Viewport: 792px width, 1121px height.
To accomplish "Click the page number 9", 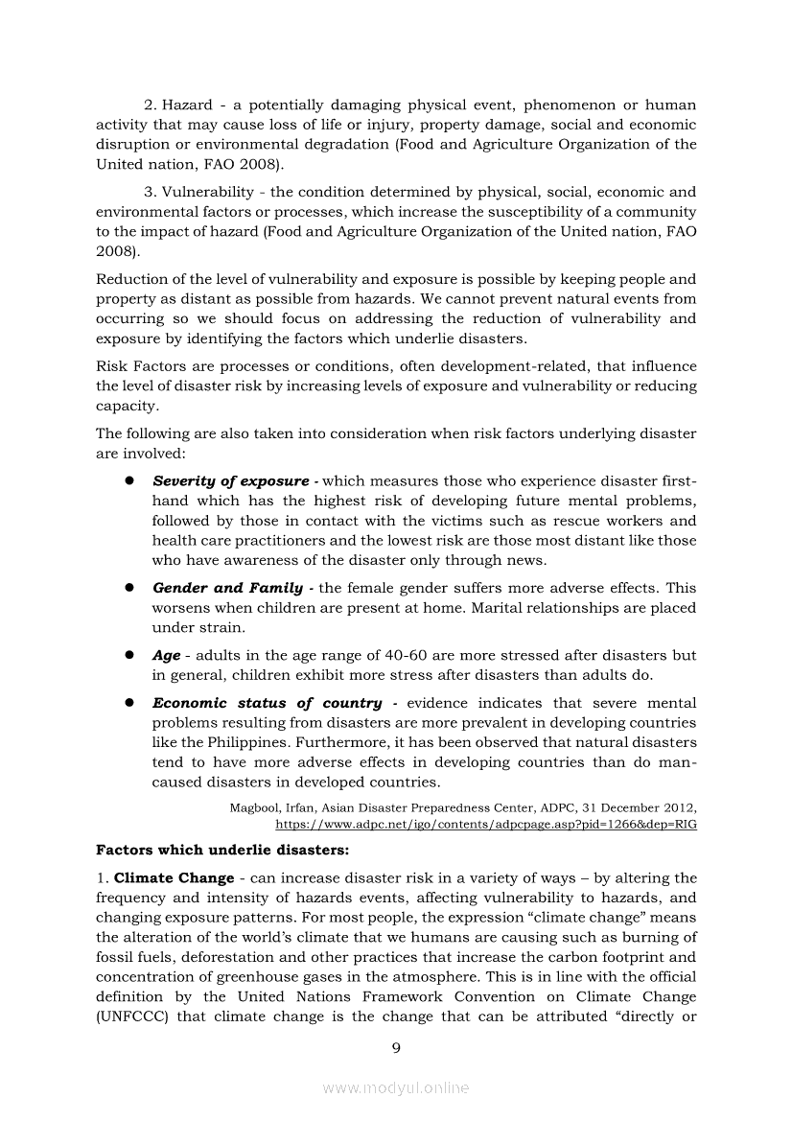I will click(396, 1047).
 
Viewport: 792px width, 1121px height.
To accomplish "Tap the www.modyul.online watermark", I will click(396, 1087).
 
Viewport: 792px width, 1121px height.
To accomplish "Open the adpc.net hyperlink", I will click(485, 824).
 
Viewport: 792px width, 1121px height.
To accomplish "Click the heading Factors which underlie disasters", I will click(222, 850).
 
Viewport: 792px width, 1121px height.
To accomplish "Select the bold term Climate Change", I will click(174, 878).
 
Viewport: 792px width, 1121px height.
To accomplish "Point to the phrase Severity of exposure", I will click(230, 481).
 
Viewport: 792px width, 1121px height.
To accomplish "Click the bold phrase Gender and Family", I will click(227, 588).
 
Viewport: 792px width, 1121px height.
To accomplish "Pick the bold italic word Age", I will click(166, 656).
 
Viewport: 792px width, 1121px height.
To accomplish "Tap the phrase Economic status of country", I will click(267, 703).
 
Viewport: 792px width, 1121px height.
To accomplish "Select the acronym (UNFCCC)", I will click(132, 1016).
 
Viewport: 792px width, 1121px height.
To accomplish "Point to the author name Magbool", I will click(253, 807).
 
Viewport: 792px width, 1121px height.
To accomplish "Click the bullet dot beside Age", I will click(126, 656).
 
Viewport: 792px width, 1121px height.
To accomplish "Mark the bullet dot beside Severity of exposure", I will click(126, 481).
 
